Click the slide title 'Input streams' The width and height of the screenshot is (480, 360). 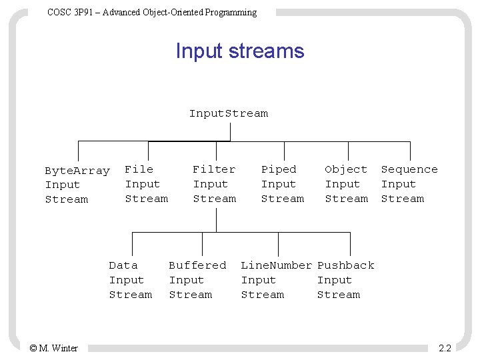pyautogui.click(x=239, y=51)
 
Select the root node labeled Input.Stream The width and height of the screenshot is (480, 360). pyautogui.click(x=229, y=113)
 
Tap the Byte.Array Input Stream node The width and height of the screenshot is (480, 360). pyautogui.click(x=77, y=185)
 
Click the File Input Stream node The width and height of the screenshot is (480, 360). pyautogui.click(x=146, y=184)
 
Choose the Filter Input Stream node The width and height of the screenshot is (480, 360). pyautogui.click(x=214, y=184)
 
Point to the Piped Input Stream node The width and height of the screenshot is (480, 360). pyautogui.click(x=282, y=184)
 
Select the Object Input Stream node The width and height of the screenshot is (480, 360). pyautogui.click(x=346, y=184)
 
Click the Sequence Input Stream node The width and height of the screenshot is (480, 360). pyautogui.click(x=409, y=184)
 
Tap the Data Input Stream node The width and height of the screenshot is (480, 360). pyautogui.click(x=130, y=280)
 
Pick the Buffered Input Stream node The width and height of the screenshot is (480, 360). pyautogui.click(x=197, y=280)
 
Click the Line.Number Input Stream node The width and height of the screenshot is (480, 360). pyautogui.click(x=276, y=280)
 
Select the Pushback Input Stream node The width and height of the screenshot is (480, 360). pyautogui.click(x=345, y=280)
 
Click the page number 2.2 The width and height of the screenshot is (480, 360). pyautogui.click(x=445, y=348)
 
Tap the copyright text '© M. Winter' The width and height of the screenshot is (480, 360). pyautogui.click(x=53, y=348)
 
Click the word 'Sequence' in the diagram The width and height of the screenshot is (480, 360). pyautogui.click(x=409, y=169)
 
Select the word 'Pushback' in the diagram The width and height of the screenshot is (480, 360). pyautogui.click(x=345, y=265)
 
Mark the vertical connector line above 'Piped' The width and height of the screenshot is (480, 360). pyautogui.click(x=284, y=151)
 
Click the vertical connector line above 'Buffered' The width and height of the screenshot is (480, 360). pyautogui.click(x=202, y=242)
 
